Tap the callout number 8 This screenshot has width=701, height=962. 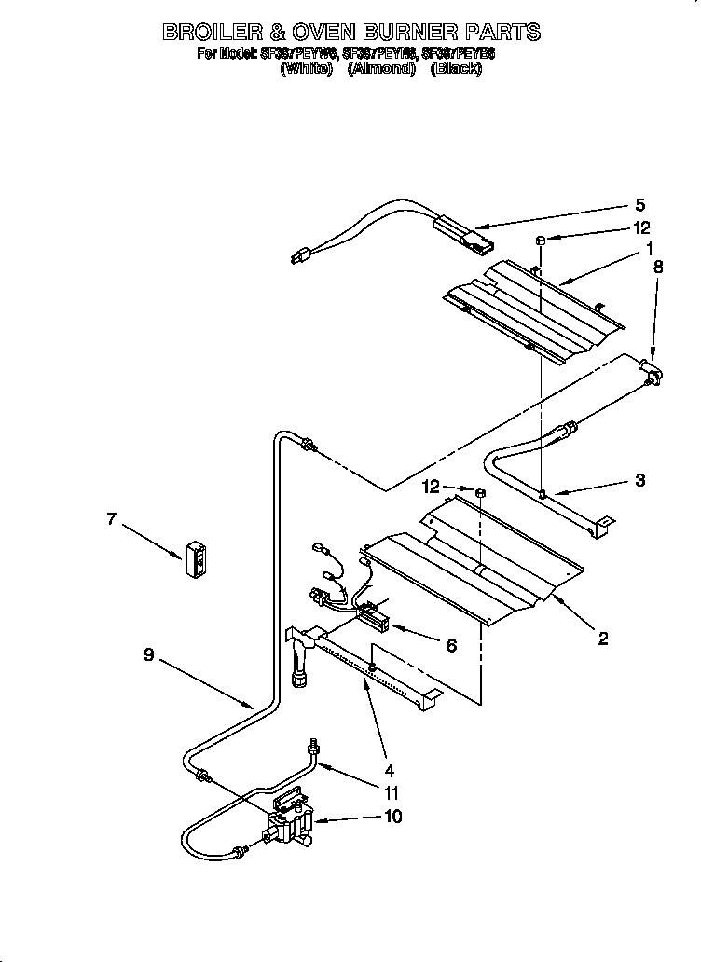click(x=658, y=266)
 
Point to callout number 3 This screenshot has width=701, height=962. click(x=640, y=481)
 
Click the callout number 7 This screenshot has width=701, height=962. click(x=112, y=519)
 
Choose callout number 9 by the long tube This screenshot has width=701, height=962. click(x=149, y=655)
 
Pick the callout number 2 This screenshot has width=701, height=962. click(x=603, y=639)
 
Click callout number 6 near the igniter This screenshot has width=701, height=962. click(x=451, y=645)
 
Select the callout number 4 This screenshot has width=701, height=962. click(x=389, y=770)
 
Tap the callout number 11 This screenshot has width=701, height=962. click(x=392, y=793)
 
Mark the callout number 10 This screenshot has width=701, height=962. click(x=393, y=818)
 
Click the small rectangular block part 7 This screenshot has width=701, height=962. click(x=198, y=560)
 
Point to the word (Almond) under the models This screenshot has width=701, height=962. click(x=380, y=69)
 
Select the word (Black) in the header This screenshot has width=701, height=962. click(x=456, y=69)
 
